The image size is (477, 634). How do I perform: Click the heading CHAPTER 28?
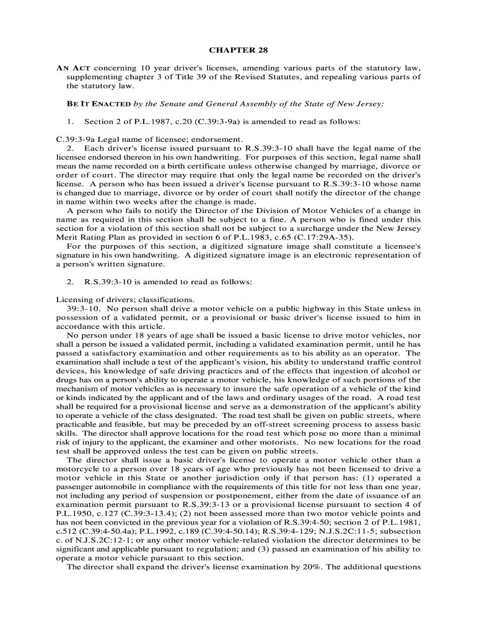238,50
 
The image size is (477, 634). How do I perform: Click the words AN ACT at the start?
74,67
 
